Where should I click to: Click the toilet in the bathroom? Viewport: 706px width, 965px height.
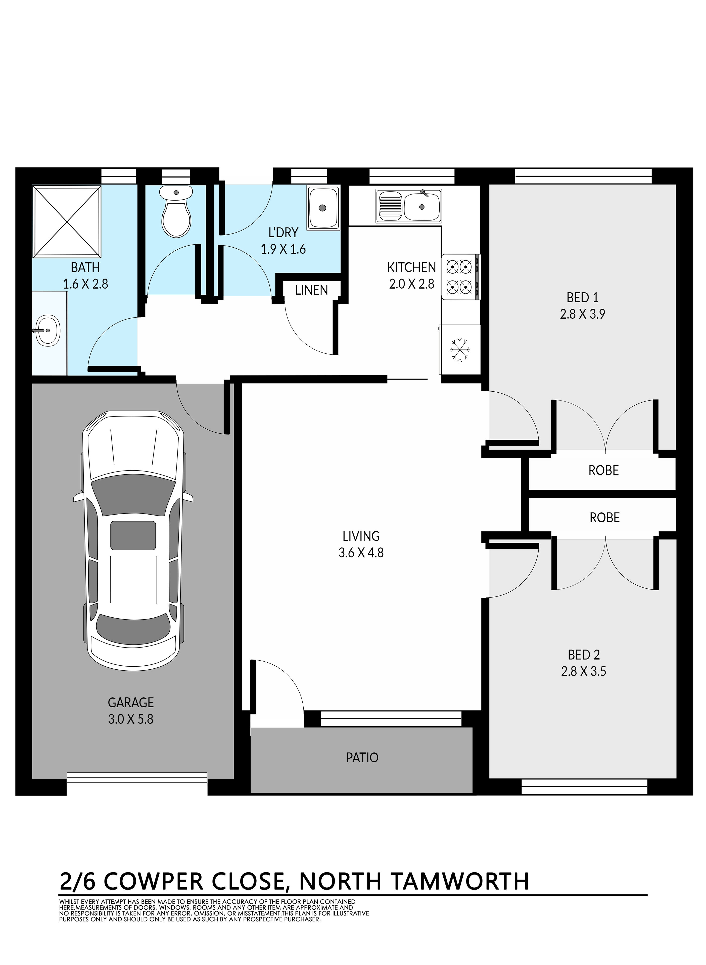176,212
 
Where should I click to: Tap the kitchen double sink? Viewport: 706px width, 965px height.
409,206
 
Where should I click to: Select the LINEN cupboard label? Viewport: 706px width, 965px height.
312,290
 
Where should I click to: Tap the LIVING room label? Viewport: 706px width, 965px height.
361,536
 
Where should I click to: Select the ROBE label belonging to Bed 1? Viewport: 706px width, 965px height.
603,471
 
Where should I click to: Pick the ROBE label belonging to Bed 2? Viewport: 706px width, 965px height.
604,518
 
